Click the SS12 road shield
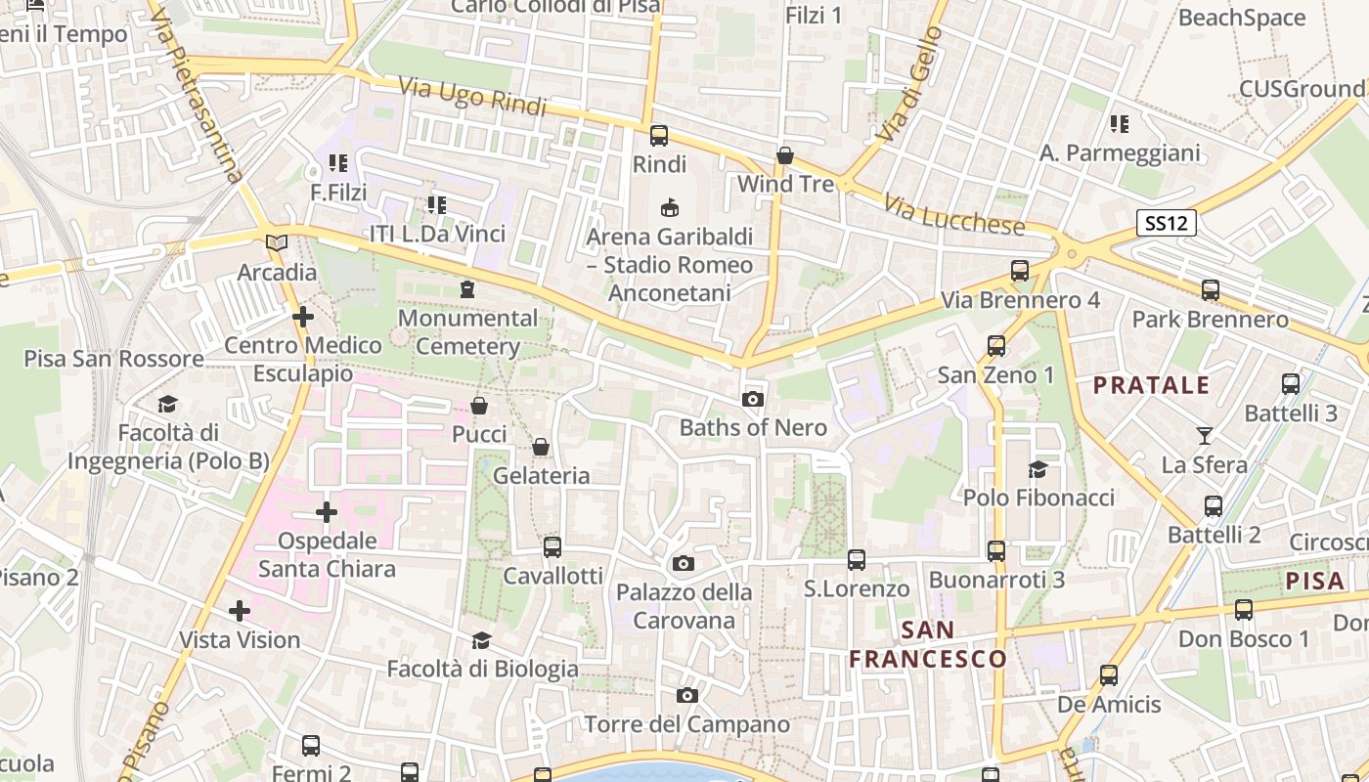(x=1168, y=223)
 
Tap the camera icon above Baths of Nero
(x=753, y=399)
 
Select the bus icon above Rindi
(x=659, y=135)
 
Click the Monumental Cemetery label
(x=467, y=332)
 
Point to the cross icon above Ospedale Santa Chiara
(x=327, y=512)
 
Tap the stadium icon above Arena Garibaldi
(x=670, y=207)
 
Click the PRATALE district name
(x=1151, y=385)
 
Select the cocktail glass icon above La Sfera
(x=1204, y=435)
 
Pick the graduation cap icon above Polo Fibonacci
(x=1038, y=469)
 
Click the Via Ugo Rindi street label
(x=472, y=96)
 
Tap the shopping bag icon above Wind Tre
(x=784, y=155)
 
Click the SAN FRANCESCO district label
(x=927, y=644)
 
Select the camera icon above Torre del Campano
(x=687, y=695)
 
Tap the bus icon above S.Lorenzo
(x=857, y=559)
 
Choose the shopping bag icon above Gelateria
(x=540, y=447)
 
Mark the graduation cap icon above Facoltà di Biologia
(x=481, y=640)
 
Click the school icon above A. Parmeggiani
(x=1120, y=124)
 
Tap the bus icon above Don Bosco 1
(x=1243, y=610)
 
